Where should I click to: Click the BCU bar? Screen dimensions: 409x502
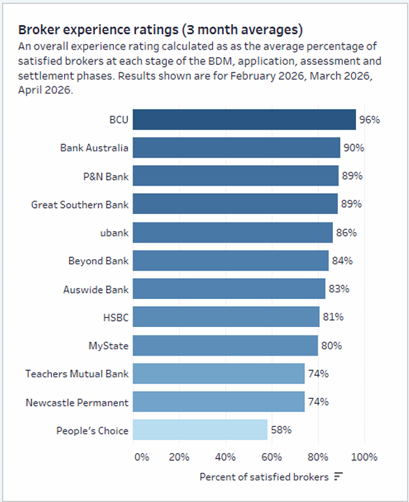pyautogui.click(x=244, y=119)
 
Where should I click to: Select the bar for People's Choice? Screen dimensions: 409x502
pyautogui.click(x=200, y=429)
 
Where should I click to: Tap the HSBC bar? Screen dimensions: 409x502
pyautogui.click(x=226, y=317)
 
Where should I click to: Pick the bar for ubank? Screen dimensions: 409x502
pyautogui.click(x=232, y=232)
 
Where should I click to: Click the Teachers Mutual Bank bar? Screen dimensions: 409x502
pyautogui.click(x=219, y=373)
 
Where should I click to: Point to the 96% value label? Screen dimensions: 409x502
pyautogui.click(x=370, y=120)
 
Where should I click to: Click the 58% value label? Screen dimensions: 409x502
pyautogui.click(x=281, y=429)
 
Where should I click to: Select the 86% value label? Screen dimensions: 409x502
pyautogui.click(x=346, y=232)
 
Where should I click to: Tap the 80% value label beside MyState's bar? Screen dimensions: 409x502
pyautogui.click(x=332, y=346)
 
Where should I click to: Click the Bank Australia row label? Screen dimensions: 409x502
pyautogui.click(x=94, y=148)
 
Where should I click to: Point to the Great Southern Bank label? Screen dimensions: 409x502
pyautogui.click(x=80, y=204)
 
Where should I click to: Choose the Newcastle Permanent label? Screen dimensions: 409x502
pyautogui.click(x=77, y=402)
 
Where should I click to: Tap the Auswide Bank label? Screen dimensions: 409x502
pyautogui.click(x=96, y=289)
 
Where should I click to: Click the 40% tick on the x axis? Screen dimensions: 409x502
pyautogui.click(x=225, y=457)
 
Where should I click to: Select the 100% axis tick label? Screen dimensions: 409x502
pyautogui.click(x=364, y=457)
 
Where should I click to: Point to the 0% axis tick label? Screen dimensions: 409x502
pyautogui.click(x=142, y=457)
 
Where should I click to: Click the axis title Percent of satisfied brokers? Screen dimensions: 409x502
pyautogui.click(x=264, y=477)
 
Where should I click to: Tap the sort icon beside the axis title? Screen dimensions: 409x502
pyautogui.click(x=339, y=476)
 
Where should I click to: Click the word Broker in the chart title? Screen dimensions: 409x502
pyautogui.click(x=39, y=30)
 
